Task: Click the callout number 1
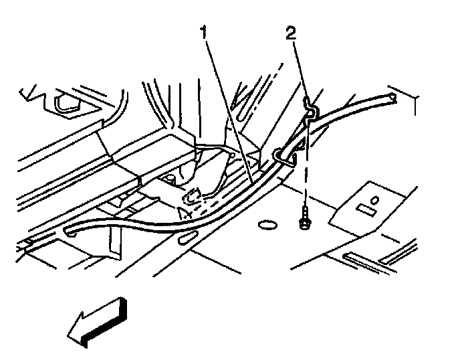pos(204,32)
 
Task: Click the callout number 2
pos(291,33)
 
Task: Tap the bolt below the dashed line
pos(305,218)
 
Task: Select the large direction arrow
pos(98,323)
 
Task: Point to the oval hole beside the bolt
pos(267,226)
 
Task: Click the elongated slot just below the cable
pos(187,237)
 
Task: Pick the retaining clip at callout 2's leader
pos(311,110)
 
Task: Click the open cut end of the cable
pos(392,98)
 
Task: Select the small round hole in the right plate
pos(374,201)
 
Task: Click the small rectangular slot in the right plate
pos(366,211)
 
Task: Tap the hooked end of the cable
pos(70,231)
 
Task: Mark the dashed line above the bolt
pos(306,165)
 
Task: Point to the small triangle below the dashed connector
pos(184,213)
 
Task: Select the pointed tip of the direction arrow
pos(68,335)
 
